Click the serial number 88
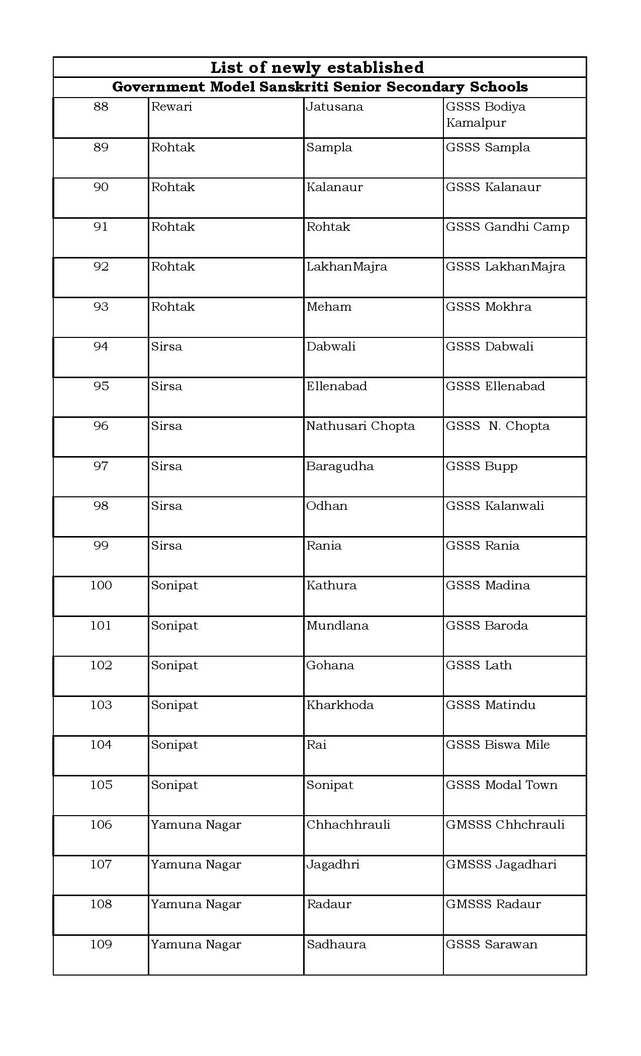101,107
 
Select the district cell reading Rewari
171,107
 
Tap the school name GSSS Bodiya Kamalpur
485,115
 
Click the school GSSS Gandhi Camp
507,227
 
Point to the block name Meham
329,307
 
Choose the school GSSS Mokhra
488,307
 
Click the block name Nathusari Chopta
360,426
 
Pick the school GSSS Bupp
482,466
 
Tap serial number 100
101,585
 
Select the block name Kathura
331,585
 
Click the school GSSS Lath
479,665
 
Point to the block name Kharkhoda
340,705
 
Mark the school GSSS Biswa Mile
498,745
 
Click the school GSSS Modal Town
501,785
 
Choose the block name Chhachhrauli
348,825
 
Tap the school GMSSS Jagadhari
501,864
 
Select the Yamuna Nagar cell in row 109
196,944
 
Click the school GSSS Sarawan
491,944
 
